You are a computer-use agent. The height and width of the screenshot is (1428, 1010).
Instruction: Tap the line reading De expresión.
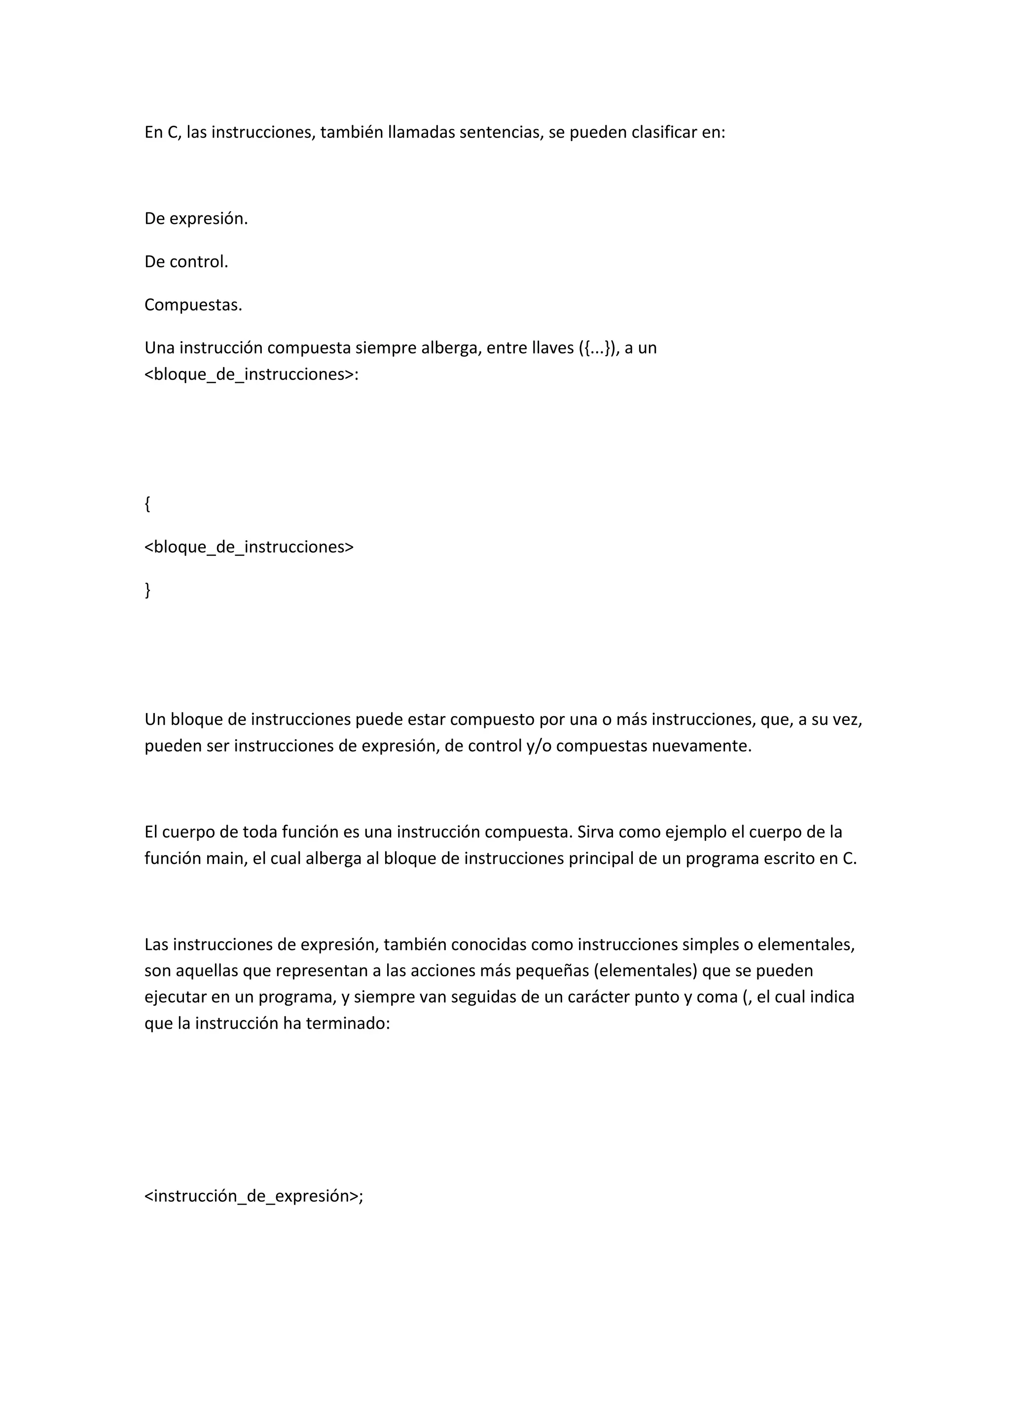(196, 219)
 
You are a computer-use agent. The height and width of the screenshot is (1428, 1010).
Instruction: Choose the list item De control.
(186, 262)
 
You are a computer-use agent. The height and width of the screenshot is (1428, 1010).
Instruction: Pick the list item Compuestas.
(193, 305)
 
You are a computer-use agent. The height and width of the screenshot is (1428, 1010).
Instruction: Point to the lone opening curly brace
(147, 504)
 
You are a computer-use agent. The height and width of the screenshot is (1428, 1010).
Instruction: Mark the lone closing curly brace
(147, 590)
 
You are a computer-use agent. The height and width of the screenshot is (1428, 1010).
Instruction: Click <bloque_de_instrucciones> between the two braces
(249, 547)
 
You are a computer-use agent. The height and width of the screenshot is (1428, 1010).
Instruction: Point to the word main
(226, 859)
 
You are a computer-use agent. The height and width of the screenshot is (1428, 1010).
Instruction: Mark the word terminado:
(348, 1024)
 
